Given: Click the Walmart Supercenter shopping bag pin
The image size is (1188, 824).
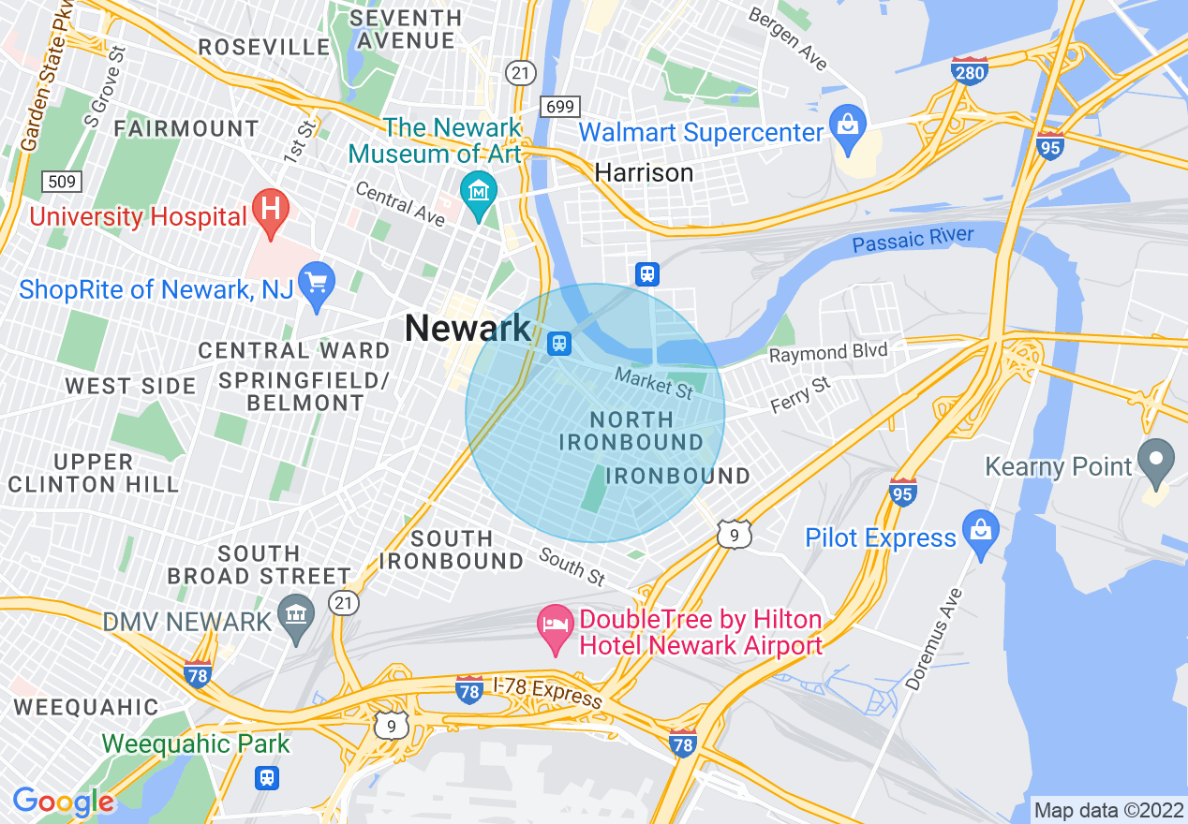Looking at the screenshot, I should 849,127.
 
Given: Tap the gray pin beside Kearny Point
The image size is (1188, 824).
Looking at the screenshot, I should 1157,461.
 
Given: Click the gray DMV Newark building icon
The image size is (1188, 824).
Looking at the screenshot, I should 297,616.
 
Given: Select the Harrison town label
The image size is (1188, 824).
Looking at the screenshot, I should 645,173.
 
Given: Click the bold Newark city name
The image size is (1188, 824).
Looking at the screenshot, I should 468,329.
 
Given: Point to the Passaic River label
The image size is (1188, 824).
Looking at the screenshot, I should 913,241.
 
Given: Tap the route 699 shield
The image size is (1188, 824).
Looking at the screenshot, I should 560,107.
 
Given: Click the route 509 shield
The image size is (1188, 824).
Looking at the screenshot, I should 62,181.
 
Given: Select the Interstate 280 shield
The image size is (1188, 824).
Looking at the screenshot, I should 969,71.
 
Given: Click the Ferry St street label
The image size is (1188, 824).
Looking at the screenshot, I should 800,394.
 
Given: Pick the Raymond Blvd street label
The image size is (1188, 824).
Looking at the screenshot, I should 827,353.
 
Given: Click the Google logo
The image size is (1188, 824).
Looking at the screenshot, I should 64,802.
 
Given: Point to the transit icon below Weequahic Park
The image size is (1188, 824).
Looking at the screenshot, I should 268,777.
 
